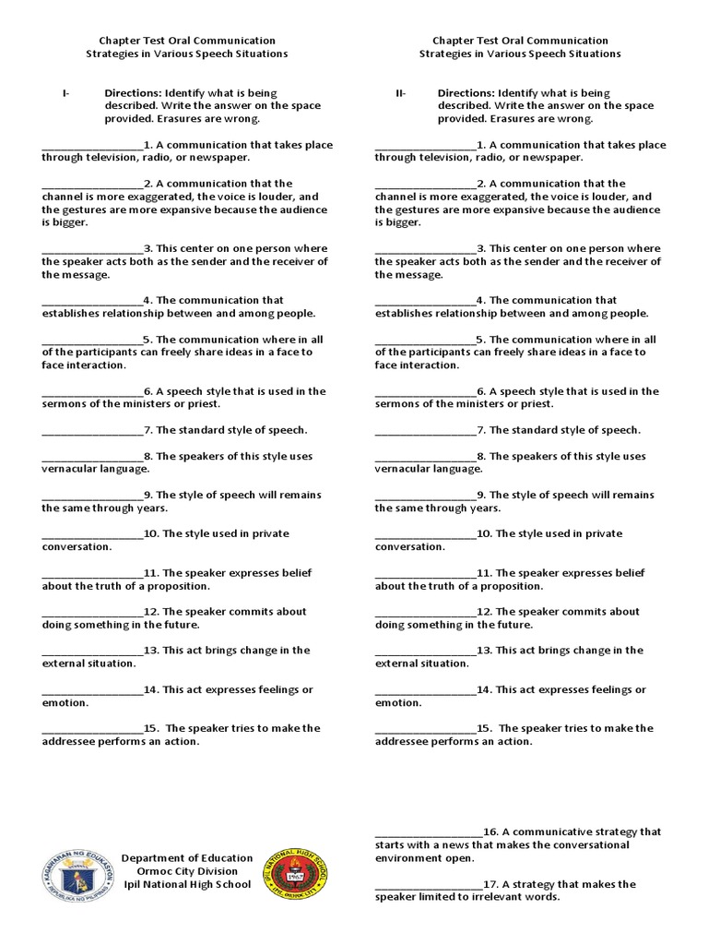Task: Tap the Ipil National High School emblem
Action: coord(297,877)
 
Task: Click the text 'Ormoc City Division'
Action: coord(186,871)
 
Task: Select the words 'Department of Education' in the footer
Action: coord(186,858)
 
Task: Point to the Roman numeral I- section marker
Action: coord(65,93)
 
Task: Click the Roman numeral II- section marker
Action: coord(400,93)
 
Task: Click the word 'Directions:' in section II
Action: coord(466,93)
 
